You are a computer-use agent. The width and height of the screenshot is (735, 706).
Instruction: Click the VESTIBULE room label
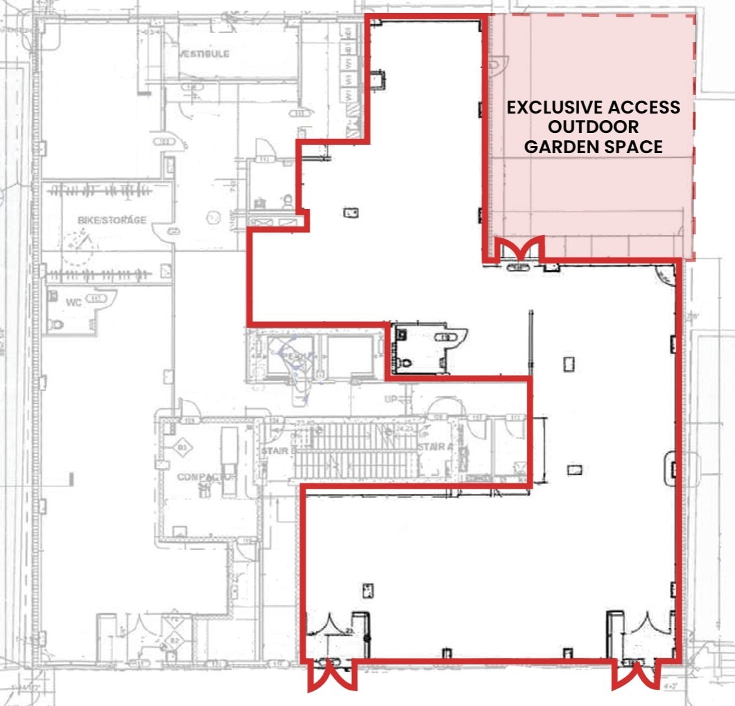[205, 53]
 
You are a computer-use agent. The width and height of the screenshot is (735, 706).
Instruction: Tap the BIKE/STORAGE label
[112, 220]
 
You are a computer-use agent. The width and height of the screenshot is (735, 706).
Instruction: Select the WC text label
[73, 302]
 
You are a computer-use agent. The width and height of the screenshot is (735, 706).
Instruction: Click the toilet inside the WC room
[57, 323]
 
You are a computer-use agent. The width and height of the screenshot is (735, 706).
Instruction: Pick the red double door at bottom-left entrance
[332, 676]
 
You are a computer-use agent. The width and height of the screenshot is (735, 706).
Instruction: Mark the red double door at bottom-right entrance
[638, 676]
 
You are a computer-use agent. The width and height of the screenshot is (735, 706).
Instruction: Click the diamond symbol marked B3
[181, 447]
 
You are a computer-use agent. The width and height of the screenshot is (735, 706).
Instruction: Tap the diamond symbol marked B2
[173, 640]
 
